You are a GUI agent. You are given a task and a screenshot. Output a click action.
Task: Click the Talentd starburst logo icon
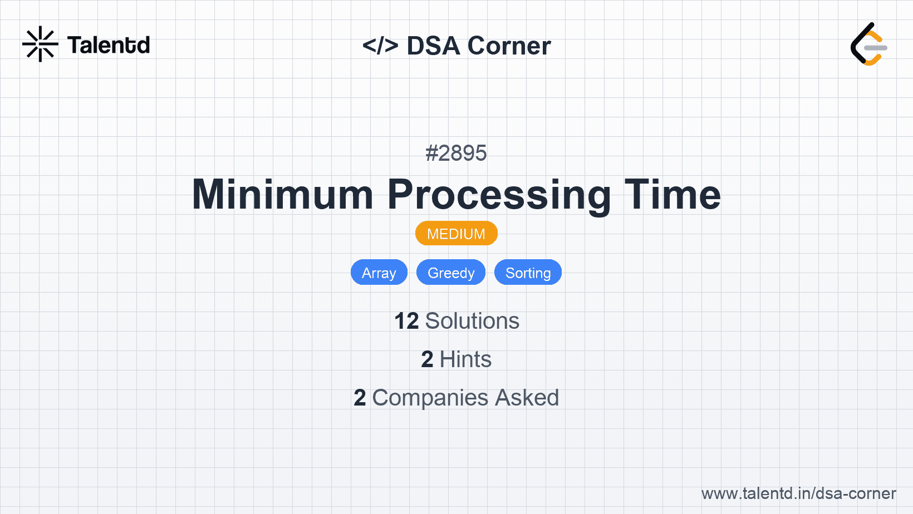[x=40, y=45]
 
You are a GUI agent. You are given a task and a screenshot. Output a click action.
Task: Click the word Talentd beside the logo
[x=109, y=45]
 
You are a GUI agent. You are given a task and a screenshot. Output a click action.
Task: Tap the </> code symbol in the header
[x=380, y=46]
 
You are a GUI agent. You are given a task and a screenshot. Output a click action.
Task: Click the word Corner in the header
[x=509, y=46]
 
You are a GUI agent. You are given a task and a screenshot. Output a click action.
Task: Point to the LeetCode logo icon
[x=868, y=45]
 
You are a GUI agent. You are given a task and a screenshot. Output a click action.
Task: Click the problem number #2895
[x=456, y=153]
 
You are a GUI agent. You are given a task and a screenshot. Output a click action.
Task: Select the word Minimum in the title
[x=283, y=195]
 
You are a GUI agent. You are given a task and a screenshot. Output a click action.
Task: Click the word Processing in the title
[x=499, y=195]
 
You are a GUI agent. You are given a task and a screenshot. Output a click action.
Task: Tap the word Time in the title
[x=673, y=195]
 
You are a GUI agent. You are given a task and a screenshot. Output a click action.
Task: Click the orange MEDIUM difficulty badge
[x=456, y=234]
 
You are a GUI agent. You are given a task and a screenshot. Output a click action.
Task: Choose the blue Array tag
[x=379, y=273]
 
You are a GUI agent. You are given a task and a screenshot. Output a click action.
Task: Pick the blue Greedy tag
[x=451, y=273]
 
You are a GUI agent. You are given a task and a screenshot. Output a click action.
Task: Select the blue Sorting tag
[x=528, y=273]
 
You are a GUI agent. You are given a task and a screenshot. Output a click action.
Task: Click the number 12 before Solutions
[x=406, y=321]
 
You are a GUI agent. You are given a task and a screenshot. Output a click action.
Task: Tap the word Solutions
[x=472, y=321]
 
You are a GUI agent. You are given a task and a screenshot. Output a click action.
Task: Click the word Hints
[x=465, y=359]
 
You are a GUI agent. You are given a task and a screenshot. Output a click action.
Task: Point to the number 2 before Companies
[x=360, y=398]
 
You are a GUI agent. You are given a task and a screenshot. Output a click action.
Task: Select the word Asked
[x=527, y=398]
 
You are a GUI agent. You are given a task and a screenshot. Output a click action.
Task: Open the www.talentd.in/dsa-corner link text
[x=798, y=493]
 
